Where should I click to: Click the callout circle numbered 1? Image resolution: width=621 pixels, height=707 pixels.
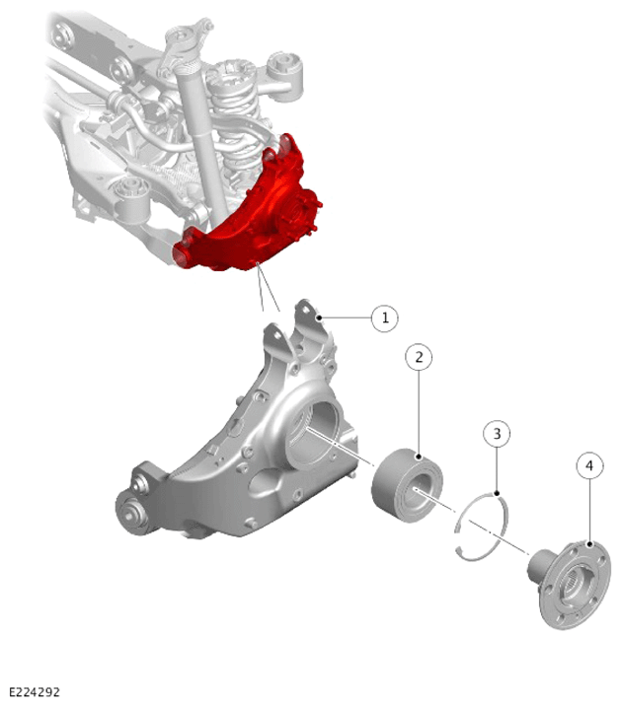point(384,318)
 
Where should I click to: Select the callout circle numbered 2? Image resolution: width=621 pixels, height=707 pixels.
point(419,357)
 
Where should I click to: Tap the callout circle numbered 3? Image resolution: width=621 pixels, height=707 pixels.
point(497,434)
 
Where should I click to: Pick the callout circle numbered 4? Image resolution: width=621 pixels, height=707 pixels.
point(589,465)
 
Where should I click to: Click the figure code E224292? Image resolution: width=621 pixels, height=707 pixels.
point(35,692)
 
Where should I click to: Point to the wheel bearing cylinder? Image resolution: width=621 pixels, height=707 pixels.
point(407,485)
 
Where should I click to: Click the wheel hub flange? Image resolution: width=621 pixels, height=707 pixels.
point(575,585)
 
